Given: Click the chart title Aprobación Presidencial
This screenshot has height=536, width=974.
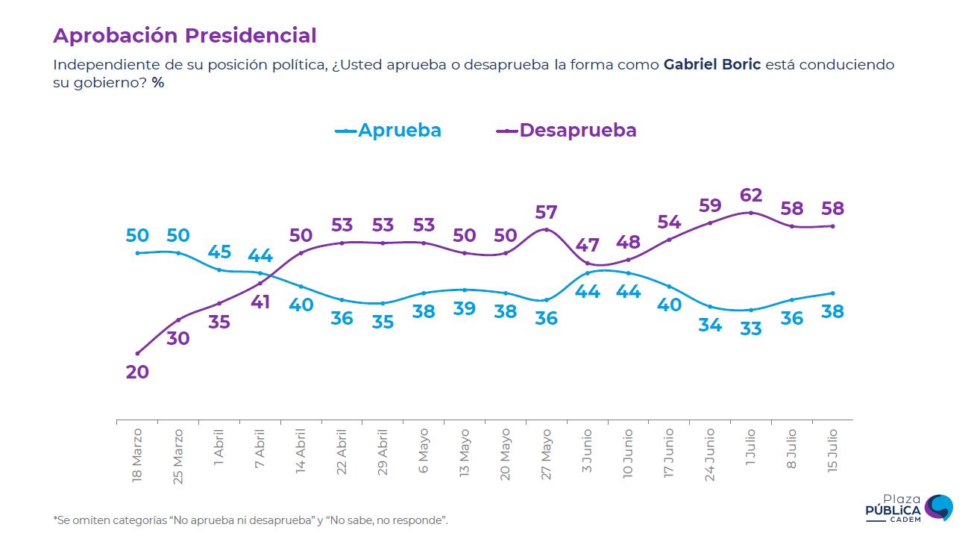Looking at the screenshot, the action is coord(185,36).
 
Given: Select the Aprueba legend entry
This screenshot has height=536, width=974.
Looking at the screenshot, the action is coord(388,130).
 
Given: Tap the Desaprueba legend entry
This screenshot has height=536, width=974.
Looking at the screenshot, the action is coord(566,130).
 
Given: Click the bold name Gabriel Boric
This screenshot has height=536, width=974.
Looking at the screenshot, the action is coord(711,64).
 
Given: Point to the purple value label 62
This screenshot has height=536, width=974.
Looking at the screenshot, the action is coord(751,195).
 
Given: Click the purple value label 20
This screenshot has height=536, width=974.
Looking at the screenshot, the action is coord(137,372).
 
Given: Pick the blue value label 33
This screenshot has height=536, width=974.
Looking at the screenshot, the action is coord(751,328).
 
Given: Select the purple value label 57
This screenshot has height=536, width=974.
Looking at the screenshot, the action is coord(546,212).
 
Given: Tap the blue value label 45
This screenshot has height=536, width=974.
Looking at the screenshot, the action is coord(219,252).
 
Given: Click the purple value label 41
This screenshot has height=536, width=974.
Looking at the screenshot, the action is coord(260,302).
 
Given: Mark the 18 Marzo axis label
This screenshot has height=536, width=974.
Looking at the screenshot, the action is coord(137,455).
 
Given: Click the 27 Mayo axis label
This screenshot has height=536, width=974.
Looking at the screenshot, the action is coord(546,454).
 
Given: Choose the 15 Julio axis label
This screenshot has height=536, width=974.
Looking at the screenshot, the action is coord(832,451).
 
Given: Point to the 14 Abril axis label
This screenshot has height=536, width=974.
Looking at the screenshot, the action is coord(301,451).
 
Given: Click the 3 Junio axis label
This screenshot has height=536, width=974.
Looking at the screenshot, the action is coord(587,451).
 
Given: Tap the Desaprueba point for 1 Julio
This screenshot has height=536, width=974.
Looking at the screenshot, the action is coord(751,213).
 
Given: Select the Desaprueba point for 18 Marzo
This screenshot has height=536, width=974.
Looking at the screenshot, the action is coord(137,354).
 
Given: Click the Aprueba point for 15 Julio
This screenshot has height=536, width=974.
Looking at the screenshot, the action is coord(833,293).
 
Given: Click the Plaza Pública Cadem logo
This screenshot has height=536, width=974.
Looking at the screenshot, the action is coord(909,508).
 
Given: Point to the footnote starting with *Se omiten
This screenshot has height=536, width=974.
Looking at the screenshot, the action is coord(251,520).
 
